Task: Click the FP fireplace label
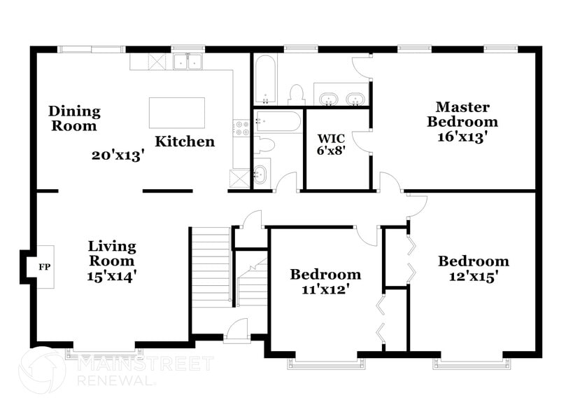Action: click(44, 267)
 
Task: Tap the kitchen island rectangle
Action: click(177, 113)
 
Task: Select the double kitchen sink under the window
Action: click(187, 62)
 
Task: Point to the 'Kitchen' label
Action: click(185, 142)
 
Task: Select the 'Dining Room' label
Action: click(74, 118)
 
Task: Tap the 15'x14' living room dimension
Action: click(112, 275)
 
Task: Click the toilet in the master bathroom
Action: click(296, 95)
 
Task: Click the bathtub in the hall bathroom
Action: click(278, 121)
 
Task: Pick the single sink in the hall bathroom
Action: click(260, 174)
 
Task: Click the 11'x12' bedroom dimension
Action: click(325, 287)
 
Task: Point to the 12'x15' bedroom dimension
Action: click(473, 277)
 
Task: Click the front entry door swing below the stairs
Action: click(239, 329)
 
